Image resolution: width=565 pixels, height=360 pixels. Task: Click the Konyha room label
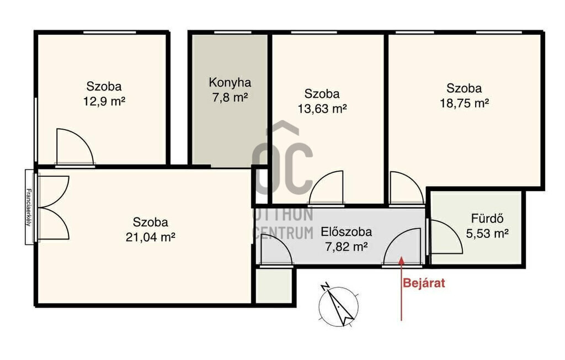pyautogui.click(x=230, y=83)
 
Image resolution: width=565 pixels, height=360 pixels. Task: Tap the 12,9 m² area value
pyautogui.click(x=104, y=102)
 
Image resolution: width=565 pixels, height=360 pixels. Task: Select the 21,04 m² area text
pyautogui.click(x=151, y=237)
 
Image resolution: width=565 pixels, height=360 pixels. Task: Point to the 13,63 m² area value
pyautogui.click(x=322, y=109)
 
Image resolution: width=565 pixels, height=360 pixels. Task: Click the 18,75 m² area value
pyautogui.click(x=464, y=103)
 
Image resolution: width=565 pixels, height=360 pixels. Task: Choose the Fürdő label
pyautogui.click(x=487, y=218)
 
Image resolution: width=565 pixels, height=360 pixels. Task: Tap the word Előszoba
pyautogui.click(x=346, y=231)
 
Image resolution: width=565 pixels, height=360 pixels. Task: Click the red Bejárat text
pyautogui.click(x=424, y=283)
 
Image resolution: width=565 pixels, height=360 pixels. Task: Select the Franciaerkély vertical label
pyautogui.click(x=29, y=207)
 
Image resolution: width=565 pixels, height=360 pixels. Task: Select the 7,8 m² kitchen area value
pyautogui.click(x=230, y=97)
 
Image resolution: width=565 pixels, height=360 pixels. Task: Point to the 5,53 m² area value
pyautogui.click(x=487, y=234)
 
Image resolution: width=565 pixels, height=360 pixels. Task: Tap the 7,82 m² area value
pyautogui.click(x=347, y=247)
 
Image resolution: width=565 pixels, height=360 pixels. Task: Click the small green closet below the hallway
pyautogui.click(x=274, y=285)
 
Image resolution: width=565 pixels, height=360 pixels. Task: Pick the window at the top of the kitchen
pyautogui.click(x=230, y=33)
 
